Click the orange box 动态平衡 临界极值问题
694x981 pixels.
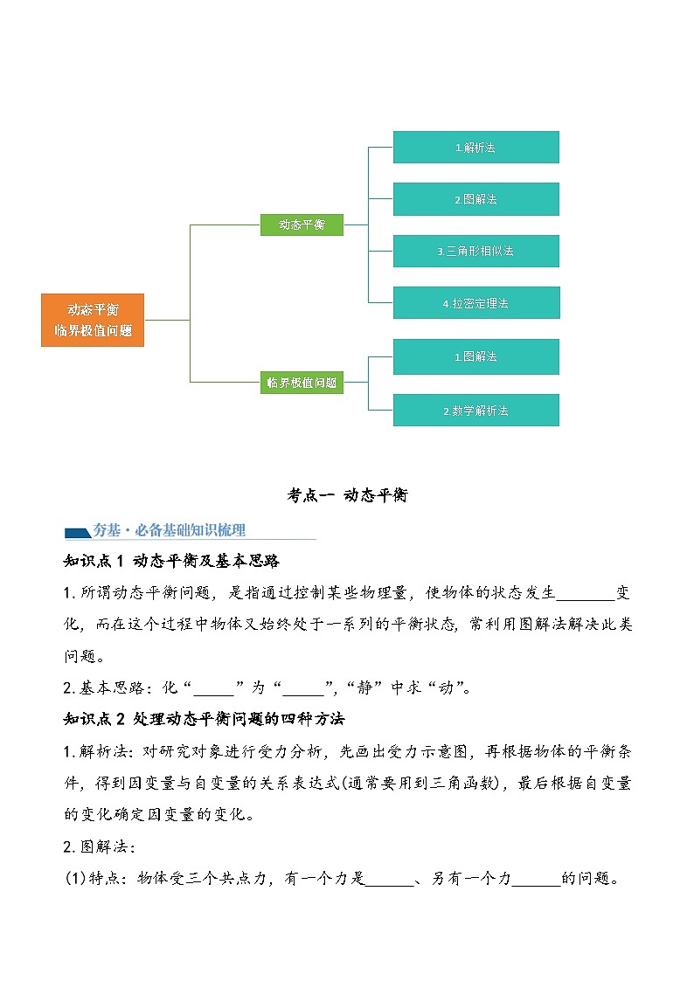pos(93,320)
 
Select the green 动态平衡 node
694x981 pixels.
pos(302,225)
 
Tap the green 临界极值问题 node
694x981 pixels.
pos(302,382)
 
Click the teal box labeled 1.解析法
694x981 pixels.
pos(475,148)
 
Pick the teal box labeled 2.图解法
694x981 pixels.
pos(475,199)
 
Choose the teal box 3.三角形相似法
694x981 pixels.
pos(475,251)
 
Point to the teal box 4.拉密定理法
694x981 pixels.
pos(475,303)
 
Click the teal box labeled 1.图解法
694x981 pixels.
pos(475,356)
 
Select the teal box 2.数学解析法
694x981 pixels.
pos(475,410)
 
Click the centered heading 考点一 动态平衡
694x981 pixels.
pos(347,495)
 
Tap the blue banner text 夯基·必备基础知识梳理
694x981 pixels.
pos(169,530)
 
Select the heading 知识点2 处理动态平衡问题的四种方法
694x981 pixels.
pos(205,719)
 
